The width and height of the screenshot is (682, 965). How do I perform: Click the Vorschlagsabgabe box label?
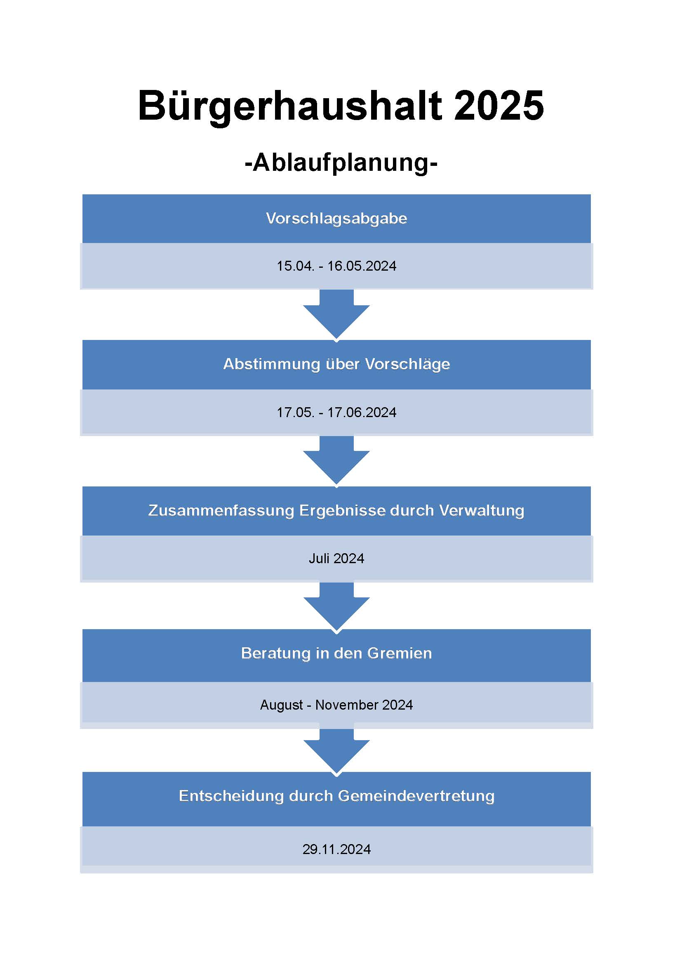point(336,219)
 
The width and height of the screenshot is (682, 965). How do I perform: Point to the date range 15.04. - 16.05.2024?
point(336,266)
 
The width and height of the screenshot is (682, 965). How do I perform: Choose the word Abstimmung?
point(271,364)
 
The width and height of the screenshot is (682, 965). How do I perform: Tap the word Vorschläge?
point(407,364)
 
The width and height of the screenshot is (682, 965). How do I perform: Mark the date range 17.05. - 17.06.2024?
point(336,412)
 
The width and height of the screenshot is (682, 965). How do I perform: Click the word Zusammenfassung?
point(221,511)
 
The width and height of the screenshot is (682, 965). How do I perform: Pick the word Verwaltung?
point(482,511)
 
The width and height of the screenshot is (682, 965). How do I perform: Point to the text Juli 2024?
point(336,559)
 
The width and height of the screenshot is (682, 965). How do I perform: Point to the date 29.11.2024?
point(336,849)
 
